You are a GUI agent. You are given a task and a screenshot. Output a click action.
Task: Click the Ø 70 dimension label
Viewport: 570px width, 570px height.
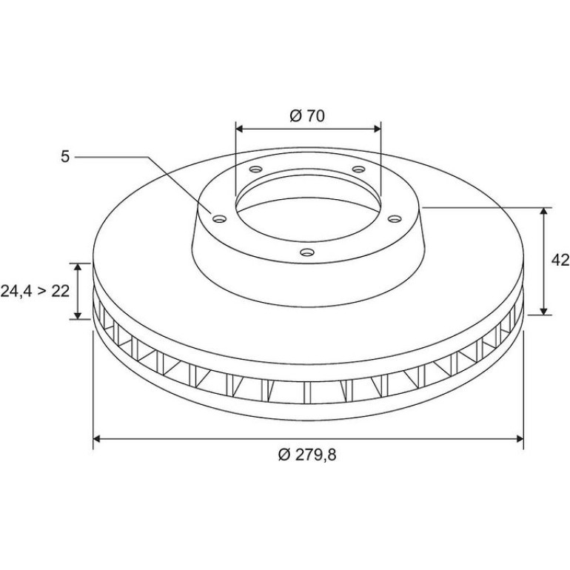307,116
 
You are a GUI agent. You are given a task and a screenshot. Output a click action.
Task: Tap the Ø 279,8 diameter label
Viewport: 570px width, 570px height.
307,455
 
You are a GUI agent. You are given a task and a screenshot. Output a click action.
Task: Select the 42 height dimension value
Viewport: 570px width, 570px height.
560,260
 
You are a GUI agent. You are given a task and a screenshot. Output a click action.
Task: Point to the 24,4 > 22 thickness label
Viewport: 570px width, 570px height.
35,291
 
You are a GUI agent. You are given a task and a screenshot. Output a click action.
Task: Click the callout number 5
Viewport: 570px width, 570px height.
64,157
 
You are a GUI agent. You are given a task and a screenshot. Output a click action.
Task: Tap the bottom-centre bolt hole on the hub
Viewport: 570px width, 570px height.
307,252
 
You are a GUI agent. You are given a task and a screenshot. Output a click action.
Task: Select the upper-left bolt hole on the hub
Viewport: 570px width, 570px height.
256,169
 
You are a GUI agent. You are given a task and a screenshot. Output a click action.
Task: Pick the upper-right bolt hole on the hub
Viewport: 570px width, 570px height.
359,169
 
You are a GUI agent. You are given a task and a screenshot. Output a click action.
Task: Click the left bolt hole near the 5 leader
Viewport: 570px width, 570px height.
220,219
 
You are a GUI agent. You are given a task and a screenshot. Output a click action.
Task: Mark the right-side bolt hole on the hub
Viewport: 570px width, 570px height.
395,218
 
